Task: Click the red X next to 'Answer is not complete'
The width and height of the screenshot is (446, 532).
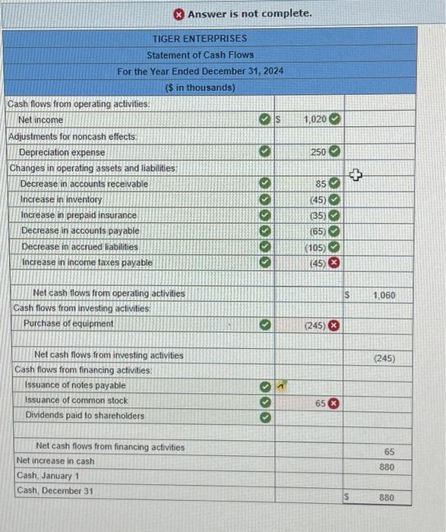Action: click(178, 14)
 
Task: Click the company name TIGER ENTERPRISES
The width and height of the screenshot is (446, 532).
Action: click(200, 38)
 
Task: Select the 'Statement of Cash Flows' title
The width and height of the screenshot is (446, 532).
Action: click(200, 55)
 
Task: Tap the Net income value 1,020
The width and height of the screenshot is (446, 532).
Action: click(315, 119)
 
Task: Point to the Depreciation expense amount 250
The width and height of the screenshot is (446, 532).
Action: click(318, 152)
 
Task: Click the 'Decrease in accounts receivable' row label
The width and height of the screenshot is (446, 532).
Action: click(84, 184)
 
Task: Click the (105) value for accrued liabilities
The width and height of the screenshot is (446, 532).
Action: click(315, 247)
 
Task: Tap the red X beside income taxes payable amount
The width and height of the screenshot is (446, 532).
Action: click(334, 263)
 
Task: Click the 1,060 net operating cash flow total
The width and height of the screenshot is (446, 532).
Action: click(384, 294)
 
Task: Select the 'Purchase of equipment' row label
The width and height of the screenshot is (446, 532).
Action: click(68, 323)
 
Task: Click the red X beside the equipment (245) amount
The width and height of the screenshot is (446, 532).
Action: click(334, 325)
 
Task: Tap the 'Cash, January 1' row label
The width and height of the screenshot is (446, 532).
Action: click(48, 475)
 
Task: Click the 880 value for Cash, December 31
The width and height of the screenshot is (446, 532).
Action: click(386, 498)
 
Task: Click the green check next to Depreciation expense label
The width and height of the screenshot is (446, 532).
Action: click(263, 152)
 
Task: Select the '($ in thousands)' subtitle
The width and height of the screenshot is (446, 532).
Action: click(200, 87)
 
